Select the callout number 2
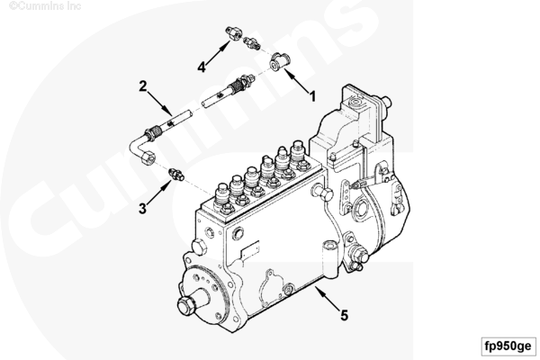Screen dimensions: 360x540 pyautogui.click(x=142, y=85)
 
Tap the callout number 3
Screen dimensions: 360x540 pyautogui.click(x=142, y=208)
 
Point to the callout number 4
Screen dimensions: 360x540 pyautogui.click(x=202, y=67)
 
